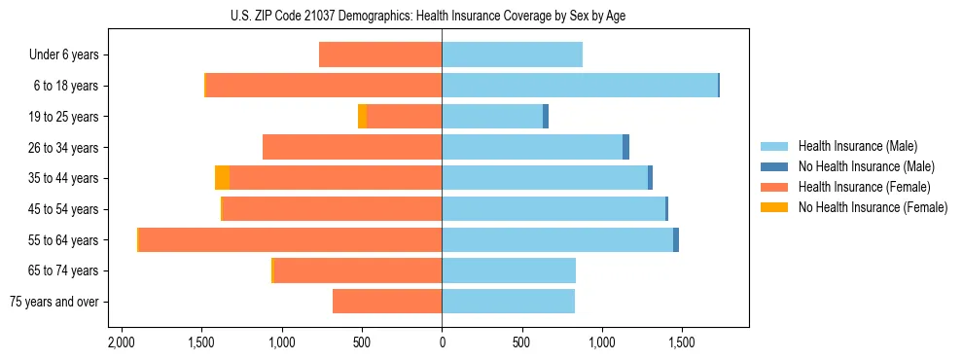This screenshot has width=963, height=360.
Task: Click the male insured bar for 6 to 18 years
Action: pyautogui.click(x=579, y=86)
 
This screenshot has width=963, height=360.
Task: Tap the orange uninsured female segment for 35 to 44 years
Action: pyautogui.click(x=223, y=178)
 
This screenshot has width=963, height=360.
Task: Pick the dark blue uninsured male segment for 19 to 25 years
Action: pyautogui.click(x=546, y=117)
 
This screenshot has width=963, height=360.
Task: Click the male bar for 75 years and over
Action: pyautogui.click(x=508, y=302)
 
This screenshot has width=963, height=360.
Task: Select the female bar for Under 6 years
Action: pyautogui.click(x=380, y=55)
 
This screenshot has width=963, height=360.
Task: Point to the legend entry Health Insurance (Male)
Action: pyautogui.click(x=857, y=146)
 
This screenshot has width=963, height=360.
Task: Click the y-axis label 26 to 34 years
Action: pyautogui.click(x=64, y=148)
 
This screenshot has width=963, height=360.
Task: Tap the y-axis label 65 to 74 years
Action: pyautogui.click(x=64, y=270)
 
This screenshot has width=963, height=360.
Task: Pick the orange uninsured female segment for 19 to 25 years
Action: pyautogui.click(x=363, y=117)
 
